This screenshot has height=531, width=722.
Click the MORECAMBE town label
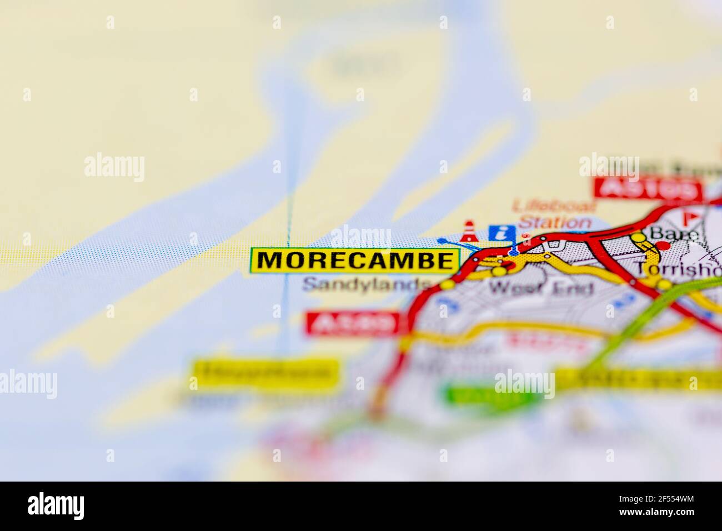click(355, 260)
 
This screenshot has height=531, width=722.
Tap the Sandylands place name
click(367, 285)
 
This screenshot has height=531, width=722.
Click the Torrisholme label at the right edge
click(678, 269)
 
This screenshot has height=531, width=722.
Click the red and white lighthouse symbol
click(469, 231)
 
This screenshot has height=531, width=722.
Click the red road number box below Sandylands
click(353, 323)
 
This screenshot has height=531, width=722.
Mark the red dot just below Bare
click(660, 245)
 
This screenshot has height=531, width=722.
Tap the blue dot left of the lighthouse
click(442, 241)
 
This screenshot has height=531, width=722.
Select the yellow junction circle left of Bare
click(639, 237)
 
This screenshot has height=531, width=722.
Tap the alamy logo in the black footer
click(56, 505)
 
